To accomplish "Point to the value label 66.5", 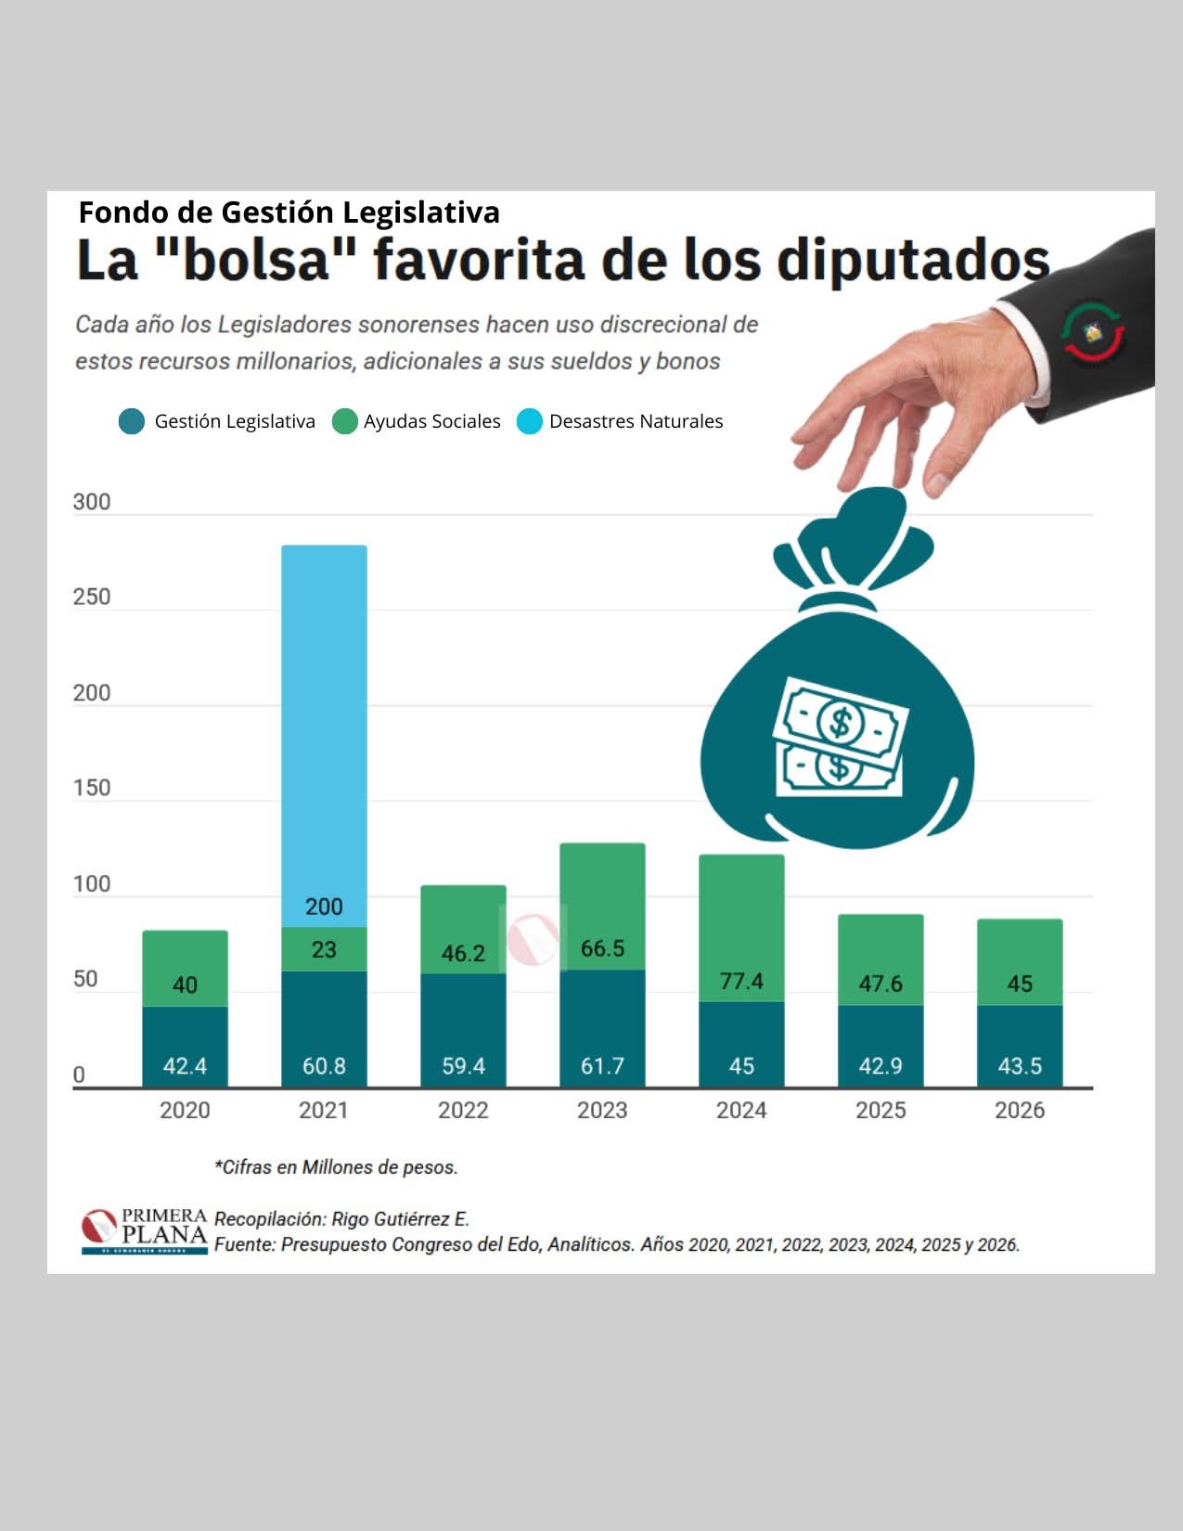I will click(x=602, y=948).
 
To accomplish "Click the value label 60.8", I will click(x=324, y=1066).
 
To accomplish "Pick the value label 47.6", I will click(x=881, y=984).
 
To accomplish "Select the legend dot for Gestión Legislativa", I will click(x=132, y=421).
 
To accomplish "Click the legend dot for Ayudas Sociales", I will click(x=345, y=421).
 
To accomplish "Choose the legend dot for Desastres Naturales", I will click(x=530, y=421).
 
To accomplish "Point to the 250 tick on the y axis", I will click(x=92, y=597).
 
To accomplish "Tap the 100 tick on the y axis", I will click(x=92, y=883).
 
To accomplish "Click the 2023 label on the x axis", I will click(x=602, y=1110).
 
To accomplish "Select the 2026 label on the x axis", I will click(x=1020, y=1110).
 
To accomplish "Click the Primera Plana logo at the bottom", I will click(x=144, y=1230).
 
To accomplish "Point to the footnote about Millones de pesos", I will click(x=336, y=1167).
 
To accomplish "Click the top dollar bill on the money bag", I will click(x=842, y=719).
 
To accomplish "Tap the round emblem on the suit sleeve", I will click(x=1093, y=331).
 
